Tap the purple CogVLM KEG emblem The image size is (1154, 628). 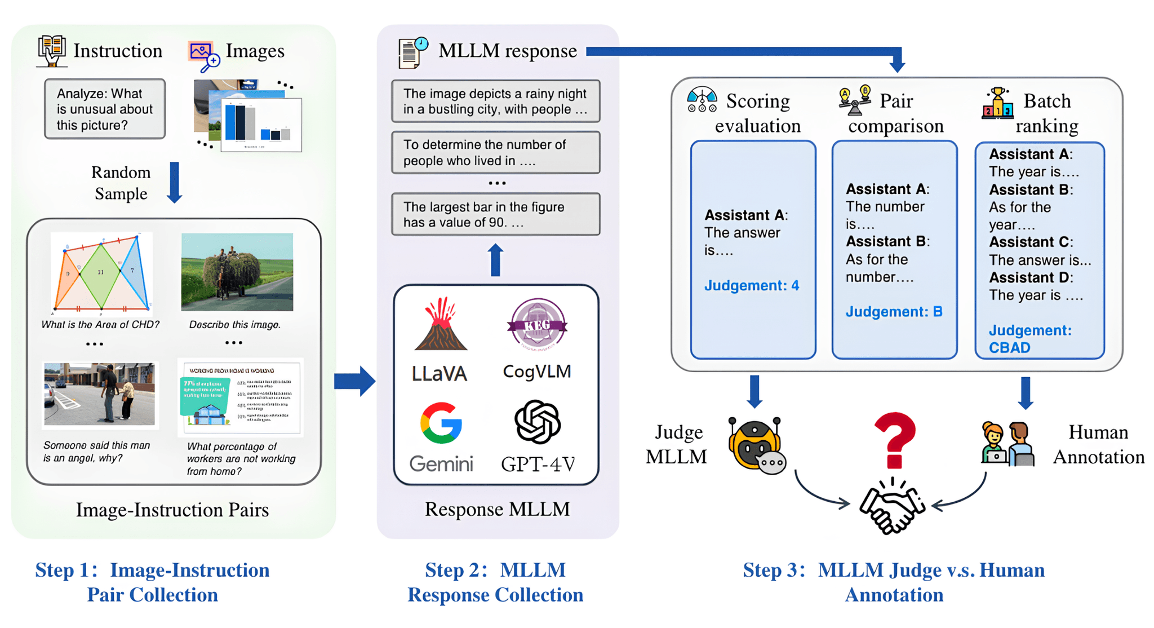[x=537, y=324]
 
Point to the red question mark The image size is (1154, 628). [x=895, y=440]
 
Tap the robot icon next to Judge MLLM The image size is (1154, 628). [x=756, y=445]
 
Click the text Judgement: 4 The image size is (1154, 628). [x=751, y=285]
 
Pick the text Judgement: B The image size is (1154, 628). [x=894, y=311]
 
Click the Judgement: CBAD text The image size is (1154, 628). [x=1029, y=339]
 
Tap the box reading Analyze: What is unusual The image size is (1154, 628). [x=105, y=109]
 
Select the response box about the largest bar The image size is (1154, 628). [x=495, y=214]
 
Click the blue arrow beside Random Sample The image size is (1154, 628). [x=175, y=183]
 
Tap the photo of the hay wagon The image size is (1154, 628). [x=237, y=272]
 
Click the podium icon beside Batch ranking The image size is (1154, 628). [x=997, y=104]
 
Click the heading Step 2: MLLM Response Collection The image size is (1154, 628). [x=495, y=582]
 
